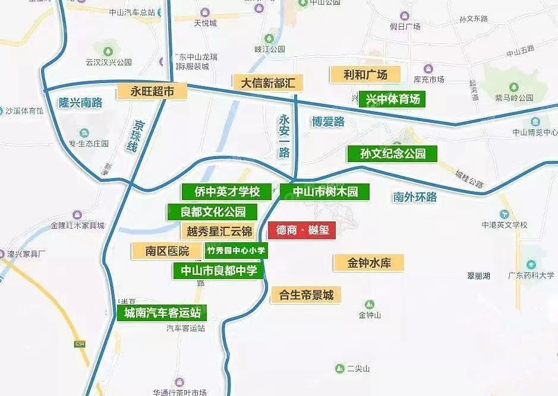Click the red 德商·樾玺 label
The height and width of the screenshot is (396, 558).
302,230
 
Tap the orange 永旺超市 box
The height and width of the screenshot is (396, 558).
151,91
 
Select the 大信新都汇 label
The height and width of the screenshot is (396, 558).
267,83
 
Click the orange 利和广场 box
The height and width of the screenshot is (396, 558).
365,75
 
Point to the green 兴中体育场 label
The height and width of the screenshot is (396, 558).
393,99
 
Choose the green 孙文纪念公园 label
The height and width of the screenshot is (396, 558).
393,154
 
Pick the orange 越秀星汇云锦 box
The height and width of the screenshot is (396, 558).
219,231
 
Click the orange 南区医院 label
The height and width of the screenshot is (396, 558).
167,251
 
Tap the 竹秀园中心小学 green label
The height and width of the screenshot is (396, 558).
236,251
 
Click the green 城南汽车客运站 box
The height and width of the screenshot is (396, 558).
162,312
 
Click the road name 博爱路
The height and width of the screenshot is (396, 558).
328,122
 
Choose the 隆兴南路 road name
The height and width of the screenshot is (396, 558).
81,103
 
